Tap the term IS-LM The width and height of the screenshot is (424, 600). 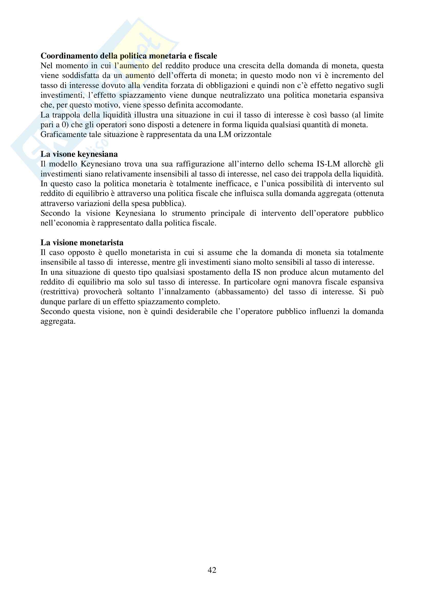point(328,164)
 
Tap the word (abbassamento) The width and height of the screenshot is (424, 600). point(242,292)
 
